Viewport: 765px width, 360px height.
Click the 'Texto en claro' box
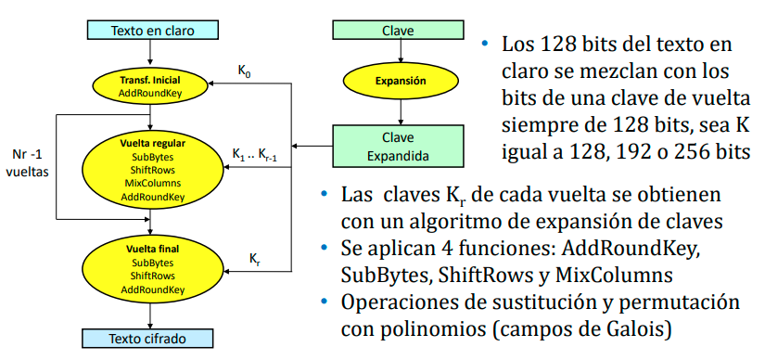(152, 30)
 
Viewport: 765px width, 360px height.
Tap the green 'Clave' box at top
(398, 30)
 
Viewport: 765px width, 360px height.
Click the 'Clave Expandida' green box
(398, 146)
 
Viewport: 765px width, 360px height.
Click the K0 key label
(244, 70)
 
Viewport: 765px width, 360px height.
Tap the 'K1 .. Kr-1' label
(255, 153)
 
